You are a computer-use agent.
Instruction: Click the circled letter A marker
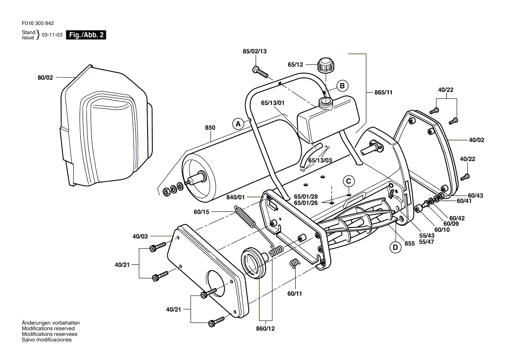point(238,124)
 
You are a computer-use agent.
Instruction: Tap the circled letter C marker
point(348,181)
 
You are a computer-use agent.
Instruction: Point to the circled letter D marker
point(396,248)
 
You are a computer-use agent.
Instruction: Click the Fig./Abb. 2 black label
point(86,35)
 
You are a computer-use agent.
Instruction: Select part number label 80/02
point(45,78)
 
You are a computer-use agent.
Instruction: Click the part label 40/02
point(476,140)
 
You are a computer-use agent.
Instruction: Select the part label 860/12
point(267,329)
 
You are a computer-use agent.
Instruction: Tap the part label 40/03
point(140,237)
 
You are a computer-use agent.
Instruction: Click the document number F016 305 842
point(38,24)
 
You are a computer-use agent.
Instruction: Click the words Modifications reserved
point(48,328)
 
